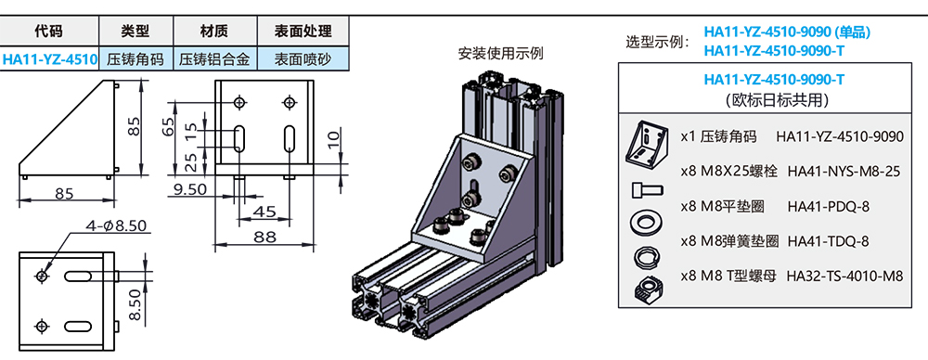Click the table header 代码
[48, 31]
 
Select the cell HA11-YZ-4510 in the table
[50, 59]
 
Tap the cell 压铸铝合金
[215, 59]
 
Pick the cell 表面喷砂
[303, 59]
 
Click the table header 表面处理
[303, 31]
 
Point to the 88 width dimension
[264, 237]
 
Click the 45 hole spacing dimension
[264, 212]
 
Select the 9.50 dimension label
[189, 189]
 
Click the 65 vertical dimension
[168, 127]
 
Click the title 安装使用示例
[501, 53]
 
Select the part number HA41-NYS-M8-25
[844, 172]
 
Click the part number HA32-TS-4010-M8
[844, 276]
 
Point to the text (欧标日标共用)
[774, 100]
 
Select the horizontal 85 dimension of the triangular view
[65, 193]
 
